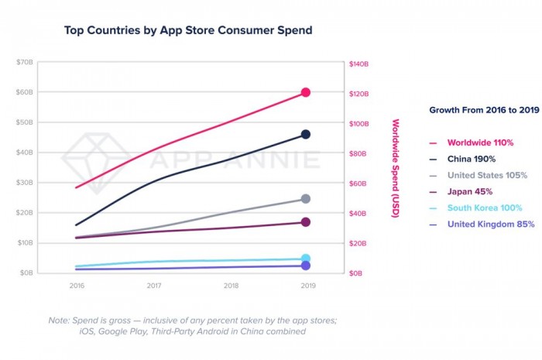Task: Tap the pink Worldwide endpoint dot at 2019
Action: coord(306,92)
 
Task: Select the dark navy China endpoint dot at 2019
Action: coord(306,135)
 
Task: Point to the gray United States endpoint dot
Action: coord(306,199)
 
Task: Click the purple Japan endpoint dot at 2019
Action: coord(306,222)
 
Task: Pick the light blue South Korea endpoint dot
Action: coord(306,259)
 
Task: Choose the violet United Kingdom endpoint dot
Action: coord(306,266)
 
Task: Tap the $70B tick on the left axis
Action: coord(25,62)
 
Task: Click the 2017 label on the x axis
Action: coord(153,286)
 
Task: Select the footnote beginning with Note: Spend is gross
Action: coord(177,325)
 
